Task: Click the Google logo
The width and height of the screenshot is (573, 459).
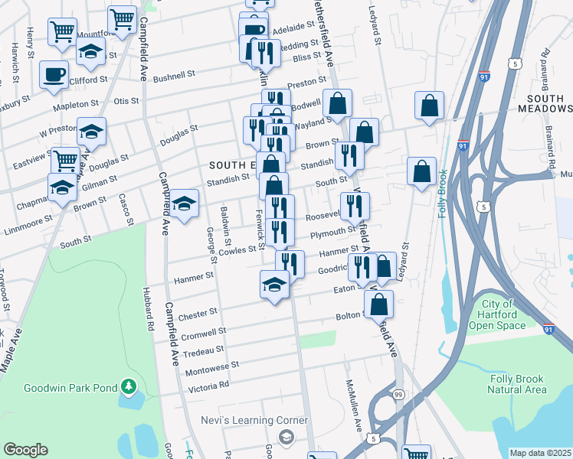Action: (x=25, y=450)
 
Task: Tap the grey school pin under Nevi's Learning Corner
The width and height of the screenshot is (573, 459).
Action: (x=286, y=438)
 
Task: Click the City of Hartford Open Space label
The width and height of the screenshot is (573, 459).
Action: (x=503, y=314)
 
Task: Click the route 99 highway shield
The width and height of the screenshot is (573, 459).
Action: (x=397, y=393)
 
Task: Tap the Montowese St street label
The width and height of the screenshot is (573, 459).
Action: (x=212, y=369)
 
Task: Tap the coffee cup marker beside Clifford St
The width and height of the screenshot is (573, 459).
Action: (x=54, y=74)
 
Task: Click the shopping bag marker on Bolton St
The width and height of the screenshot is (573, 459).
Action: (x=379, y=303)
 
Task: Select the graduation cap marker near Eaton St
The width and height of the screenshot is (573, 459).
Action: (x=274, y=284)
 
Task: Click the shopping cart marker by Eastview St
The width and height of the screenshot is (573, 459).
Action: (x=66, y=160)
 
